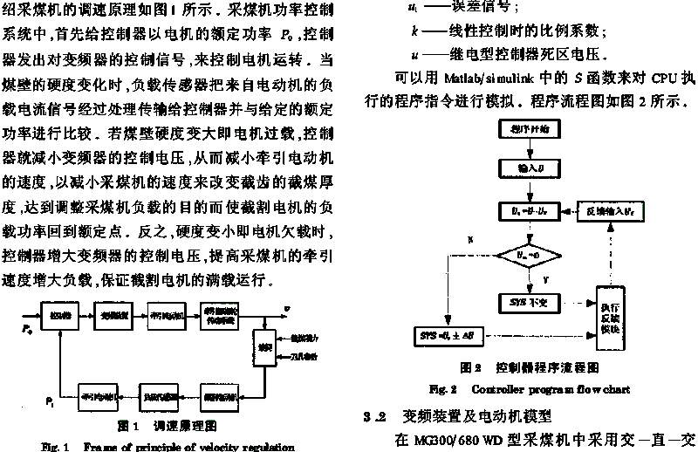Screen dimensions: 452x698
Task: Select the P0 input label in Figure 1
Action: pos(25,328)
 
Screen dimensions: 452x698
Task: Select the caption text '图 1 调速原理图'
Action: pos(167,425)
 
